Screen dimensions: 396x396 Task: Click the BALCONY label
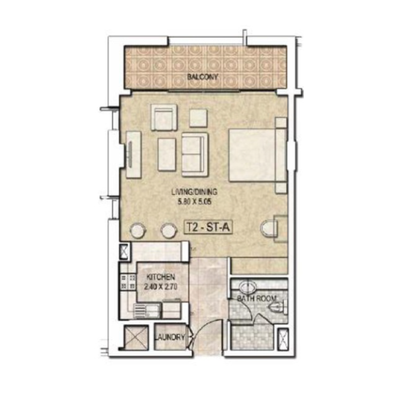point(202,77)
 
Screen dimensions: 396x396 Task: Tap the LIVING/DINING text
point(195,191)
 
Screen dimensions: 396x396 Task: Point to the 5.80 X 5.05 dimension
point(195,201)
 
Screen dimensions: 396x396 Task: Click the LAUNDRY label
point(169,338)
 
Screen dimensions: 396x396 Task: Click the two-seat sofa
point(195,154)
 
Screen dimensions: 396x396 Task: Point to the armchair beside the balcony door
point(164,117)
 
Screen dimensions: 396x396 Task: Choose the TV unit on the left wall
point(133,154)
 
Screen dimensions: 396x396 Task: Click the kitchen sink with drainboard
point(147,310)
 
